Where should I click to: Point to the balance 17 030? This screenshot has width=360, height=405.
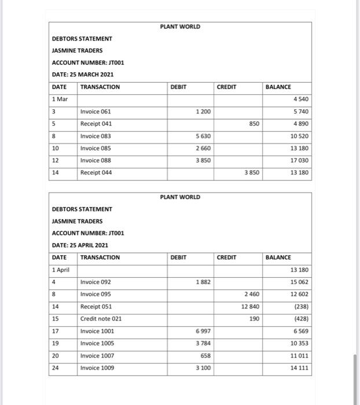pos(299,161)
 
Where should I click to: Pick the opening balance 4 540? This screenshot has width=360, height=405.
pos(300,99)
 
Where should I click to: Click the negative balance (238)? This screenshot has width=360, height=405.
pos(300,307)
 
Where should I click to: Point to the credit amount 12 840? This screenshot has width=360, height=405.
pos(250,307)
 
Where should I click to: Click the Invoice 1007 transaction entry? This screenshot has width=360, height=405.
pos(97,355)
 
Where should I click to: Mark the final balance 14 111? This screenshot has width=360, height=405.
pos(299,368)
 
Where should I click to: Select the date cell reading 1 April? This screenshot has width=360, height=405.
pos(61,270)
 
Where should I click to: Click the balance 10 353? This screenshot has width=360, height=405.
pos(299,343)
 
